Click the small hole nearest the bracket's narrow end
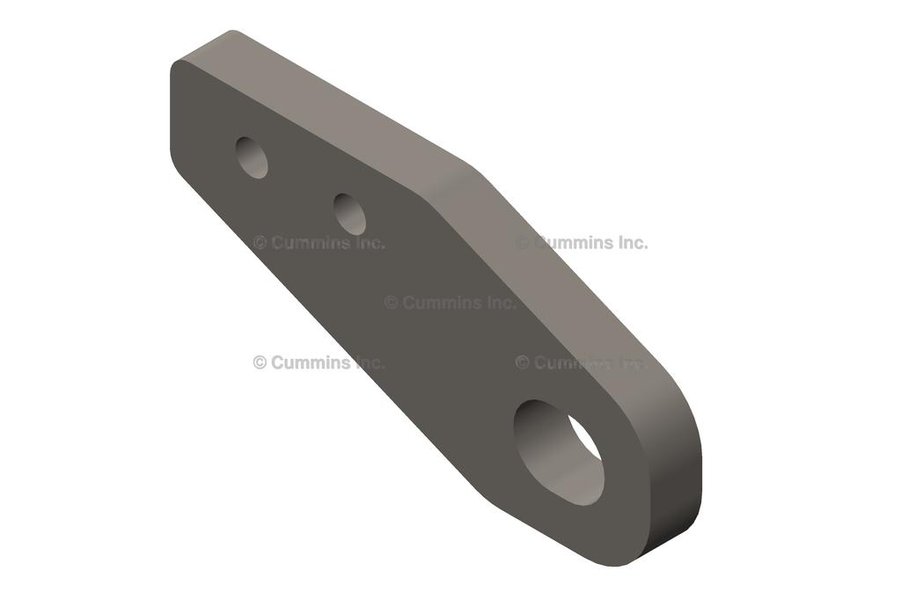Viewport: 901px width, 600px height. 253,157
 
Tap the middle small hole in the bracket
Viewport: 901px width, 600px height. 350,214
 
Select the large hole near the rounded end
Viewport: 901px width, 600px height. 558,452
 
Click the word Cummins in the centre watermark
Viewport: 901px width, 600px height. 458,303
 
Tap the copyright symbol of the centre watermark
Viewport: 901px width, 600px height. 391,303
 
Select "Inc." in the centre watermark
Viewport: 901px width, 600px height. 502,303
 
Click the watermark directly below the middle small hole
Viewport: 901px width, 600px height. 319,243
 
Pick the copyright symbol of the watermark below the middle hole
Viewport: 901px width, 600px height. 260,243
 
